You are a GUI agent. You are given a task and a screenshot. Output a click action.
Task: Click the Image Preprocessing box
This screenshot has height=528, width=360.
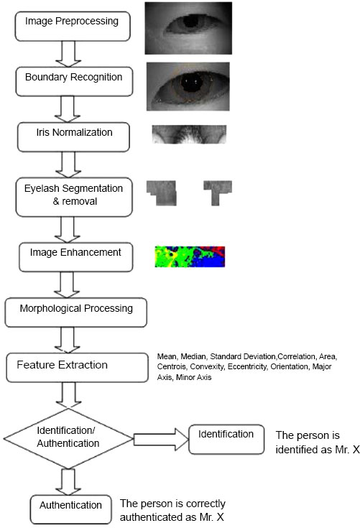point(73,27)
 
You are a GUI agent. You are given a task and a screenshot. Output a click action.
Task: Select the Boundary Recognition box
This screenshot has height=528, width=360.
point(74,81)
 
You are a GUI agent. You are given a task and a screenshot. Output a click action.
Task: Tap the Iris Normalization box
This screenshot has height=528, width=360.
point(73,137)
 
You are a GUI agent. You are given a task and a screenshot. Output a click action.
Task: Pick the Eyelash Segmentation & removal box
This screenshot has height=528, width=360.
point(74,197)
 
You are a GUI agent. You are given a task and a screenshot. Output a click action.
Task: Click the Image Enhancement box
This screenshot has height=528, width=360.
point(75,257)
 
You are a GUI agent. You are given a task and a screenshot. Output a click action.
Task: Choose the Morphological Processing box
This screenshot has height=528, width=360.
point(75,312)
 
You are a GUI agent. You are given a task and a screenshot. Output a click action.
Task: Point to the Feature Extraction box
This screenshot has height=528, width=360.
point(77,367)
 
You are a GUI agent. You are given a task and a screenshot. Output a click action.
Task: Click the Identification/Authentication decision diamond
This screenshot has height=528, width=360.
point(68,438)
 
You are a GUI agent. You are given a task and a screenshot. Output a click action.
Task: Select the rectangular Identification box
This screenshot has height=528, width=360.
point(226,440)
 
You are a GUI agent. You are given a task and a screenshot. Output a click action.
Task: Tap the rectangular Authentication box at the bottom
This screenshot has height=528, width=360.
point(70,509)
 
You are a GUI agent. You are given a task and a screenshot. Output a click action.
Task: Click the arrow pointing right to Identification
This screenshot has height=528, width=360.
point(161,440)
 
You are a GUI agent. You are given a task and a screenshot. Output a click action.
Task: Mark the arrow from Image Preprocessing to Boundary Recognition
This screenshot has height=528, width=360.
point(68,54)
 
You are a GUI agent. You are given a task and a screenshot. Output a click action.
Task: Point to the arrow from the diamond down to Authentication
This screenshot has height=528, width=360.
point(68,481)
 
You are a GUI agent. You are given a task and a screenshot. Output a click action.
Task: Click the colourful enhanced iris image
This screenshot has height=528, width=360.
point(190,256)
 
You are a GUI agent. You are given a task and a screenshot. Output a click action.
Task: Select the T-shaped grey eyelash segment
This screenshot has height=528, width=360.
point(218,193)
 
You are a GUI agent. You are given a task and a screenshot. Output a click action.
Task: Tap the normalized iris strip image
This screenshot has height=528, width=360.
point(189,134)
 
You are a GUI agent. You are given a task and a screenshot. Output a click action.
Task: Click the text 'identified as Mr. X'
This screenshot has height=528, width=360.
point(318,449)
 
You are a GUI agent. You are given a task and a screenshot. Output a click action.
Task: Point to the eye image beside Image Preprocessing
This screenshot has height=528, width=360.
point(188,28)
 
